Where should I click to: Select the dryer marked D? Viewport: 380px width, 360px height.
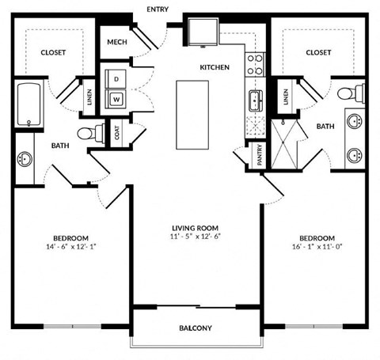117,80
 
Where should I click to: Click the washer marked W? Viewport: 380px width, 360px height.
117,99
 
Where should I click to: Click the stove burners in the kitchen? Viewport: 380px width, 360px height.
256,63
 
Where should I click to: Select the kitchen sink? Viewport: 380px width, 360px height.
256,100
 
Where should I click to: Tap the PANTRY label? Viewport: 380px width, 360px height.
260,155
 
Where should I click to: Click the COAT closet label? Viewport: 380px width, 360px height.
117,133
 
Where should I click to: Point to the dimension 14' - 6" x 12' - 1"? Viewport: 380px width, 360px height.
70,246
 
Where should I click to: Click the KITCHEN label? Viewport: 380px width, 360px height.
215,67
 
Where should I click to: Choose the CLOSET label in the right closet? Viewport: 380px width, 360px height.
317,52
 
